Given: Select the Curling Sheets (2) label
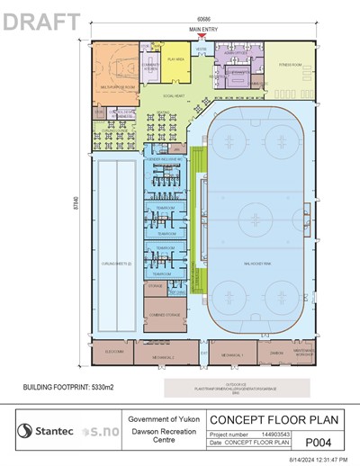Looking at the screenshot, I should click(x=115, y=264).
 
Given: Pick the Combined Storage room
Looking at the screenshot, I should click(x=164, y=314).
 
